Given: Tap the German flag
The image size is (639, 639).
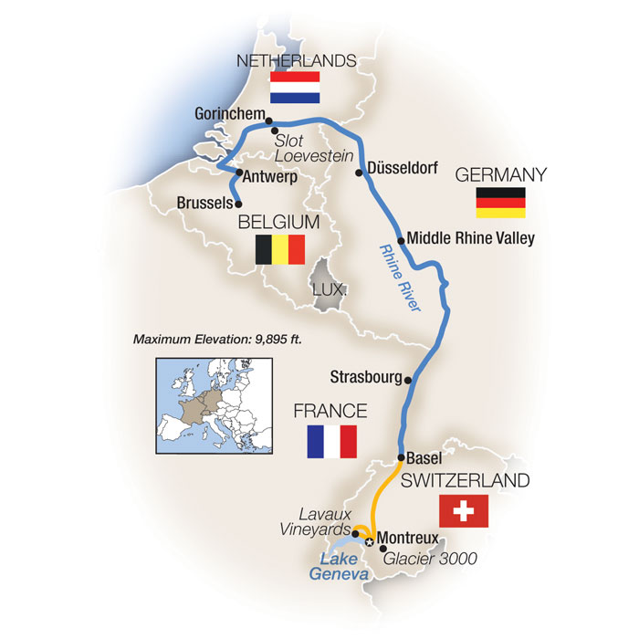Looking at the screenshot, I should click(x=500, y=203).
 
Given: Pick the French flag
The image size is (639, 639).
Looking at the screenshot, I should click(x=331, y=441).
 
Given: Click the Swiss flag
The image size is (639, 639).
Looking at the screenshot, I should click(x=464, y=512).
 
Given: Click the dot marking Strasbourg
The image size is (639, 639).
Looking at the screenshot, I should click(x=408, y=380).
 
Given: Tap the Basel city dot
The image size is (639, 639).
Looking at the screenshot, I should click(x=402, y=456).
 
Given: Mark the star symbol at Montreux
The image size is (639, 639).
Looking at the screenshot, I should click(x=370, y=541).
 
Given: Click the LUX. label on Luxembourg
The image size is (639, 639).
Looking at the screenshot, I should click(x=328, y=288).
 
